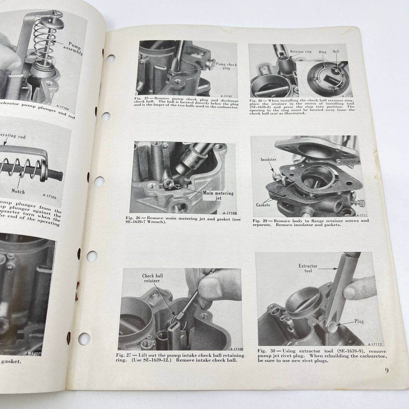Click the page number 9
387,371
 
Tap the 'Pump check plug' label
226,66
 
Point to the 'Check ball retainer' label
153,278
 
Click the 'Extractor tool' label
308,268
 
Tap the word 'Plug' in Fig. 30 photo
359,321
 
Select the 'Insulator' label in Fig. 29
268,159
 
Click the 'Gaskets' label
263,205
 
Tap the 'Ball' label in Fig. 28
336,52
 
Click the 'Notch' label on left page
18,191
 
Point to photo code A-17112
375,344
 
